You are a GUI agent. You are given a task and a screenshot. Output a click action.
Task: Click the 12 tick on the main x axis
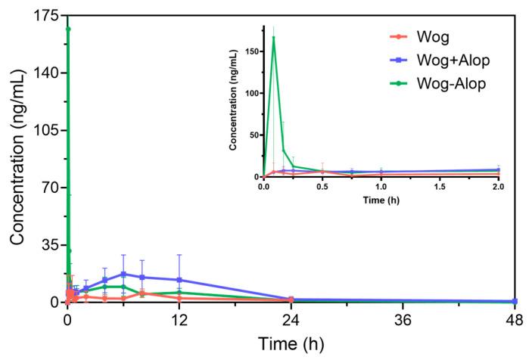(179, 319)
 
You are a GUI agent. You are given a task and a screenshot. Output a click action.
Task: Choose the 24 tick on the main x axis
(291, 319)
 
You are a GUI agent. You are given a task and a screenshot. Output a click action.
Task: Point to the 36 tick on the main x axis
(403, 319)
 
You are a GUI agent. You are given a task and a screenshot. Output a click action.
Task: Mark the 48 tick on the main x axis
(514, 319)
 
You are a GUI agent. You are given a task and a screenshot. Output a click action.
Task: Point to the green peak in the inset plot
(273, 38)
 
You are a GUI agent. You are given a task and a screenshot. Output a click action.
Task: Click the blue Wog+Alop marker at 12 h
(179, 280)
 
